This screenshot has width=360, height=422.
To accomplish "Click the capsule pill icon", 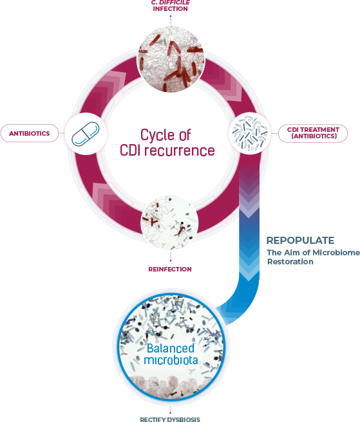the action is pyautogui.click(x=86, y=134).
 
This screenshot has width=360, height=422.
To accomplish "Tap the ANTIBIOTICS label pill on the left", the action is pyautogui.click(x=30, y=133).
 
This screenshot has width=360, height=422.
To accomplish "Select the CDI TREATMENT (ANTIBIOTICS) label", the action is pyautogui.click(x=313, y=133).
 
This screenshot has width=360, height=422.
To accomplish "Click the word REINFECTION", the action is pyautogui.click(x=170, y=269).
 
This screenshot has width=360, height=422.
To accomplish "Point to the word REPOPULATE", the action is pyautogui.click(x=301, y=241).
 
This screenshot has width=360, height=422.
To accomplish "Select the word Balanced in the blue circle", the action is pyautogui.click(x=171, y=348).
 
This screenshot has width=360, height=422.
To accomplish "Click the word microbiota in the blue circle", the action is pyautogui.click(x=171, y=360).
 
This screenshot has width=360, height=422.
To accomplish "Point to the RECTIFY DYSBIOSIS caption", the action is pyautogui.click(x=170, y=419).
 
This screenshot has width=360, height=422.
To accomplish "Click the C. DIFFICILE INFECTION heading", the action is pyautogui.click(x=170, y=6).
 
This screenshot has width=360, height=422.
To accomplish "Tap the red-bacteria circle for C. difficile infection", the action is pyautogui.click(x=171, y=59).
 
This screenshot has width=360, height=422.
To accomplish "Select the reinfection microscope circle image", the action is pyautogui.click(x=170, y=223).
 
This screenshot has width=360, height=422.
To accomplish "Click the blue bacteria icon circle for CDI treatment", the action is pyautogui.click(x=250, y=133).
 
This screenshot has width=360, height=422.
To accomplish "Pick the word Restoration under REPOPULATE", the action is pyautogui.click(x=290, y=262).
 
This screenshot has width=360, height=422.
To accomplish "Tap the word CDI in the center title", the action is pyautogui.click(x=131, y=150).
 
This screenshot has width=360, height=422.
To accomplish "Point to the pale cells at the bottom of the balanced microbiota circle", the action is pyautogui.click(x=171, y=385).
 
